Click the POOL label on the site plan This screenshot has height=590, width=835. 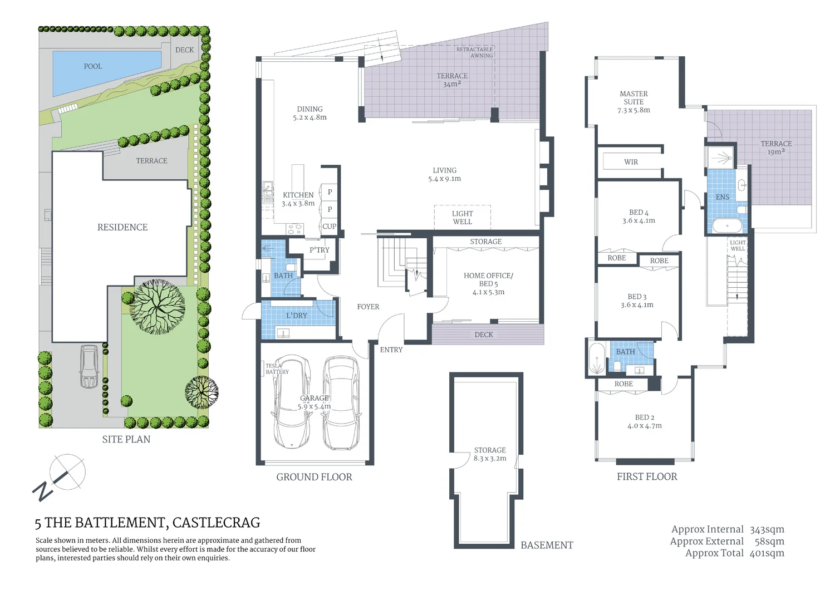pyautogui.click(x=93, y=66)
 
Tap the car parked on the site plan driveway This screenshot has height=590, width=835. pyautogui.click(x=89, y=366)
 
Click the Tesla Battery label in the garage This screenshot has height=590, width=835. pyautogui.click(x=277, y=369)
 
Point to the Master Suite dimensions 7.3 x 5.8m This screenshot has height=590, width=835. pyautogui.click(x=633, y=110)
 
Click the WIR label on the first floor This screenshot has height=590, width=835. pyautogui.click(x=631, y=162)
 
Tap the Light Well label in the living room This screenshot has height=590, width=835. pyautogui.click(x=462, y=218)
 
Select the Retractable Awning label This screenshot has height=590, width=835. pyautogui.click(x=475, y=52)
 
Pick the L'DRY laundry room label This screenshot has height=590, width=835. pyautogui.click(x=296, y=316)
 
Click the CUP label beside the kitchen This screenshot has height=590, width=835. pyautogui.click(x=329, y=227)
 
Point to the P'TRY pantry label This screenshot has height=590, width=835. pyautogui.click(x=319, y=250)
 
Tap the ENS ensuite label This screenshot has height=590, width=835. pyautogui.click(x=722, y=197)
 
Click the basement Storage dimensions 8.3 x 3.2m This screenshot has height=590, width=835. pyautogui.click(x=490, y=459)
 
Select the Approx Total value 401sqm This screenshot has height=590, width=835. pyautogui.click(x=767, y=553)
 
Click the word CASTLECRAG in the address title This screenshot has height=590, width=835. pyautogui.click(x=216, y=523)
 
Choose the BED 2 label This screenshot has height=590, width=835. pyautogui.click(x=645, y=417)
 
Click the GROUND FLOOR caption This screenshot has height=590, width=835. pyautogui.click(x=314, y=477)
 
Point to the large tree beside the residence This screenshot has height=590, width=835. pyautogui.click(x=157, y=306)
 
